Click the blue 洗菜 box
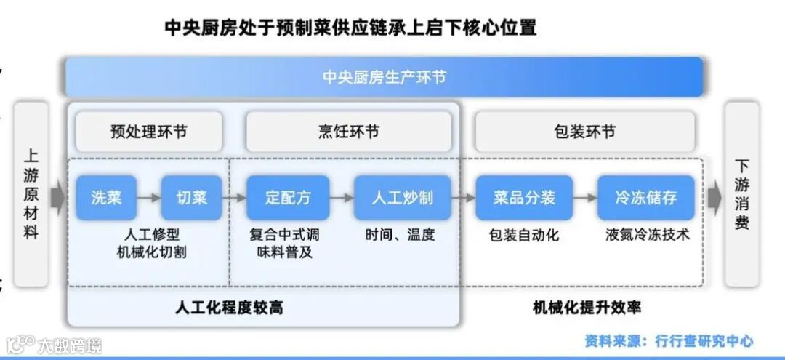click(x=106, y=197)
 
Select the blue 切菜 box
click(x=191, y=197)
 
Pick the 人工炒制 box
click(x=402, y=197)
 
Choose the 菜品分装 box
click(x=524, y=197)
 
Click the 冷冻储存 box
click(x=645, y=197)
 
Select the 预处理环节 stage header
click(x=148, y=132)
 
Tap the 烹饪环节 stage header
click(x=348, y=132)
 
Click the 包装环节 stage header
click(x=584, y=132)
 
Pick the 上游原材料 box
click(x=31, y=194)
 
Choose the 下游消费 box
click(x=741, y=194)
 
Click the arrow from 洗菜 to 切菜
click(x=148, y=197)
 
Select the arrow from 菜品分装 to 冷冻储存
click(x=584, y=197)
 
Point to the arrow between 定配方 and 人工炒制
click(x=342, y=197)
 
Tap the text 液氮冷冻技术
click(x=647, y=236)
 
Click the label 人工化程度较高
click(x=229, y=308)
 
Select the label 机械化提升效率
click(x=587, y=308)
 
